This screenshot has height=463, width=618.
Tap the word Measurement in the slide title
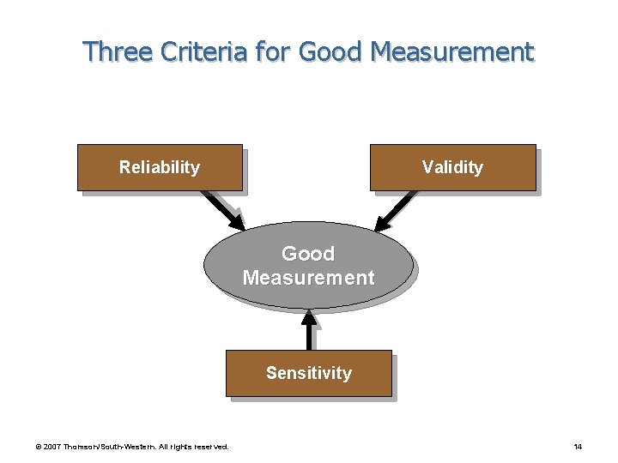(452, 52)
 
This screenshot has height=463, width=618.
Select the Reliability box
(160, 167)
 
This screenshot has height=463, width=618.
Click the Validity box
(452, 167)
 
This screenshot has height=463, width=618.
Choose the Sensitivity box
(309, 373)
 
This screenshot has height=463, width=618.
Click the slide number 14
(578, 447)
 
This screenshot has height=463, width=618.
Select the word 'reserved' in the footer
(210, 447)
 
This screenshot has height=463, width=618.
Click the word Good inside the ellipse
(308, 254)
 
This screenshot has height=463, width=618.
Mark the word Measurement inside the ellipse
(309, 278)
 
